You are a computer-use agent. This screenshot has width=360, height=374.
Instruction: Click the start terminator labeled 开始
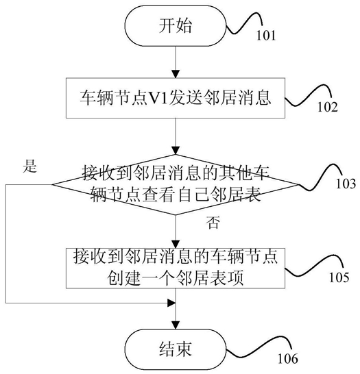[x=176, y=26]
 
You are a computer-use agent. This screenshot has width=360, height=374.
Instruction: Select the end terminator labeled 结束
[x=176, y=349]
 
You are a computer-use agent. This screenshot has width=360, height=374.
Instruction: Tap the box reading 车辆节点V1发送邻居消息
[x=176, y=98]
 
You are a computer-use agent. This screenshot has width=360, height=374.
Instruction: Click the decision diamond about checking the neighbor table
[x=176, y=184]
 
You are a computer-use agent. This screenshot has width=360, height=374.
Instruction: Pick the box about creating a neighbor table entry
[x=176, y=268]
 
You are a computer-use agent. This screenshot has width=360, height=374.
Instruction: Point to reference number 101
[x=266, y=35]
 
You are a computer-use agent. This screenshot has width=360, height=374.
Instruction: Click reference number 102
[x=328, y=107]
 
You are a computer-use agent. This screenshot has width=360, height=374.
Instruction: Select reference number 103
[x=346, y=184]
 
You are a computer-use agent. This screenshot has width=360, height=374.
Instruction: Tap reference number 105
[x=339, y=277]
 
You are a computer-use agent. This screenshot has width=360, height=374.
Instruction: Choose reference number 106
[x=288, y=358]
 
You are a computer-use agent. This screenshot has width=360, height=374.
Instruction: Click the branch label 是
[x=30, y=166]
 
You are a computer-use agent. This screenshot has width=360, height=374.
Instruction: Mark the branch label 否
[x=213, y=223]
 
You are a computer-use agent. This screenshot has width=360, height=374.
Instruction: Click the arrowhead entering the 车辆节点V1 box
[x=176, y=74]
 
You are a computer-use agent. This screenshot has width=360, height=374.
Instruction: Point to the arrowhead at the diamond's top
[x=176, y=151]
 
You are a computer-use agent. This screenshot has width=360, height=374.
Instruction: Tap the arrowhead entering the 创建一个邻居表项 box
[x=176, y=245]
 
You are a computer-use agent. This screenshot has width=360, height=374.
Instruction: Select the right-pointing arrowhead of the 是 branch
[x=172, y=303]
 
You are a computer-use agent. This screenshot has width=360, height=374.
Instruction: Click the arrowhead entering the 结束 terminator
[x=176, y=325]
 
